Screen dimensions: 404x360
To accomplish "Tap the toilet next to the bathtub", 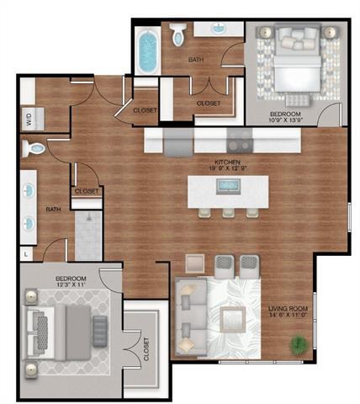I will coord(177,35).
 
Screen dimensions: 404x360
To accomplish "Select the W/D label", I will coord(29,119).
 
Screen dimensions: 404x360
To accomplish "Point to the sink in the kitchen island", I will coord(227,186).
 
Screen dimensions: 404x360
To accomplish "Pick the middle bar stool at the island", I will coord(227,211).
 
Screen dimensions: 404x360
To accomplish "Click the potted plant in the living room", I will coord(298,344).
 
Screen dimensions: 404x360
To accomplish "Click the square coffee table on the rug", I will coord(230,319).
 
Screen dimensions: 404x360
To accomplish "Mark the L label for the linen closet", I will coord(26,252).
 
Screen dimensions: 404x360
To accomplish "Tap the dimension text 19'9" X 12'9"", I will coord(229,167).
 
